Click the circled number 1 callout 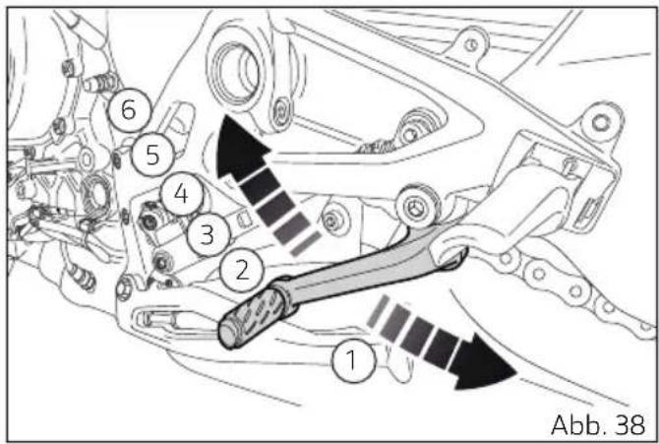click(353, 360)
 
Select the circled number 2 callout click(241, 270)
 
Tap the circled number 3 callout click(209, 235)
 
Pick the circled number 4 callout click(182, 194)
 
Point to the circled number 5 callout click(152, 155)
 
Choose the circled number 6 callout click(129, 109)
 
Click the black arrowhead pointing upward click(240, 145)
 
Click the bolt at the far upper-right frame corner click(601, 122)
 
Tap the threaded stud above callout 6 click(100, 83)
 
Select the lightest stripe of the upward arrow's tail click(306, 244)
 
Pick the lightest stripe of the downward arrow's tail click(378, 310)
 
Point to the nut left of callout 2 click(161, 262)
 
